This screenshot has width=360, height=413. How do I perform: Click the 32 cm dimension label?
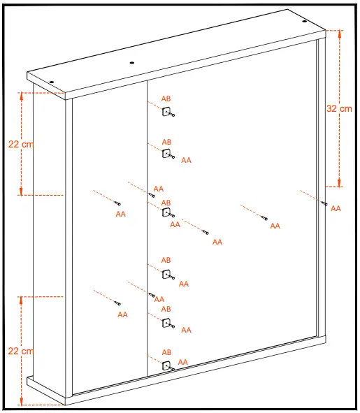340,108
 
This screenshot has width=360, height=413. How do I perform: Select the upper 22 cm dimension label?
21,144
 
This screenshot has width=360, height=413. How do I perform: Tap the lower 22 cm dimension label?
21,351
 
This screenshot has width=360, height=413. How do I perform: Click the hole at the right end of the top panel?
305,21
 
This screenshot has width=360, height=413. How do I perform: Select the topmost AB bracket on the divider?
166,111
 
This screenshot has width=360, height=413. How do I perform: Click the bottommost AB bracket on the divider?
166,365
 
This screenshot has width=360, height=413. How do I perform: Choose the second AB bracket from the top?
166,154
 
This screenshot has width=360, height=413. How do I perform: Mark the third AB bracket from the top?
166,211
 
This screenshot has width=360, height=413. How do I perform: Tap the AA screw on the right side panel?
324,203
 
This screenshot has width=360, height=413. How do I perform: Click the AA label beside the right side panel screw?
336,209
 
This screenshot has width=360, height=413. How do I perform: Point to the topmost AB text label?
166,99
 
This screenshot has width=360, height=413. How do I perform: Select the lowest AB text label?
166,353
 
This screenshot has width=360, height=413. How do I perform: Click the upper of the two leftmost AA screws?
118,203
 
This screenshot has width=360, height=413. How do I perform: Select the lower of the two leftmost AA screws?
118,303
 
